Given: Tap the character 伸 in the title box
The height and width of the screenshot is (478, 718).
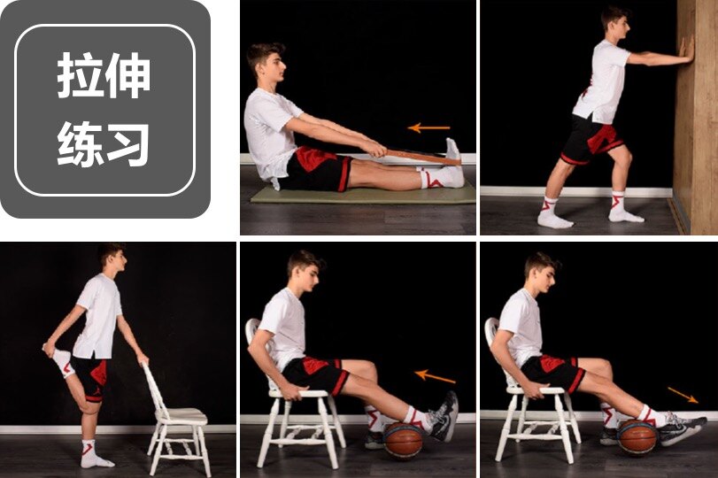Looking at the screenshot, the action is (127, 75).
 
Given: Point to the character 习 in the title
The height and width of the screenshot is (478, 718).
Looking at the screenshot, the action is (127, 143).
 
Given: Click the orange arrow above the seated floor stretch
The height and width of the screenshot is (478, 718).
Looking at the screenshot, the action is (428, 127).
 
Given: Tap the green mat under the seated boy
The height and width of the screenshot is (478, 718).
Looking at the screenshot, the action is (363, 194).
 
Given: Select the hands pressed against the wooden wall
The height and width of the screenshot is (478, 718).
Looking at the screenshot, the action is (686, 50).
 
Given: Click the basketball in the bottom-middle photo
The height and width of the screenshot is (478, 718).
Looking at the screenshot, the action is (403, 440).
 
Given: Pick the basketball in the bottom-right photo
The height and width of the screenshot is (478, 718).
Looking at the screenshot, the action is (637, 436).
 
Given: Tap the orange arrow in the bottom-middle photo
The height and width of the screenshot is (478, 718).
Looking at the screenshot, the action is (435, 376).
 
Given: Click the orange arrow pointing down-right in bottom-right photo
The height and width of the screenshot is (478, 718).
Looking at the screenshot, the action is (683, 395).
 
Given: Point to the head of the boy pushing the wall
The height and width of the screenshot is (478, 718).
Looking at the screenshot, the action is (616, 23).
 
